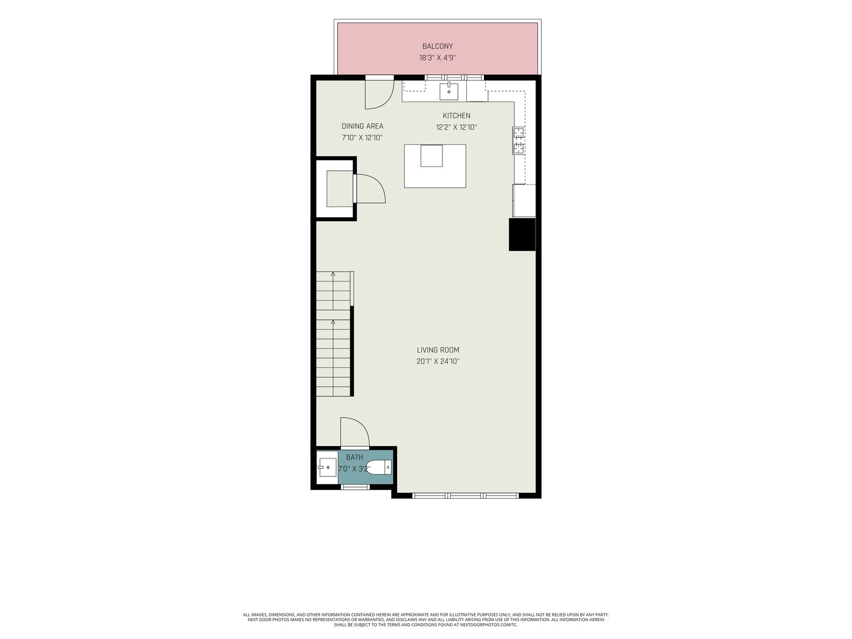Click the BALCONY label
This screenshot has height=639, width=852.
[437, 46]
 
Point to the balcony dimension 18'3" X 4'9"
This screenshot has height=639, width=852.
[437, 58]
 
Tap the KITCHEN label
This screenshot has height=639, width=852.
[456, 115]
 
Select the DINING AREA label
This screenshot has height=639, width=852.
[362, 126]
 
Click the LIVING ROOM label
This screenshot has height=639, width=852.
[438, 350]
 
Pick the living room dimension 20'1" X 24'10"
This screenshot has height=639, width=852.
[438, 362]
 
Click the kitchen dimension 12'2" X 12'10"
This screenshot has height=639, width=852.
[456, 127]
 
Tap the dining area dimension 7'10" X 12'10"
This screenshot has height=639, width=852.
[362, 138]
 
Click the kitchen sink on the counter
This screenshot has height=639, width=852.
[448, 92]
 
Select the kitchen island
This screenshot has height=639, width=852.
[435, 166]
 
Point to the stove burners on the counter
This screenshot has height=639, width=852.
[519, 141]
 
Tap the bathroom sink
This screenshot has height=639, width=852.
[327, 467]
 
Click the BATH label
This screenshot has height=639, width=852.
[354, 457]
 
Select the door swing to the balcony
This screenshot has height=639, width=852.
[380, 94]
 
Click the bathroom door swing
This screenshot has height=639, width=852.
[355, 432]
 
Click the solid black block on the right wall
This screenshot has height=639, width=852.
[522, 234]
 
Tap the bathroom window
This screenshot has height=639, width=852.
[355, 487]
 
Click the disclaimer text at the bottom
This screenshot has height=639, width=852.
[426, 619]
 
